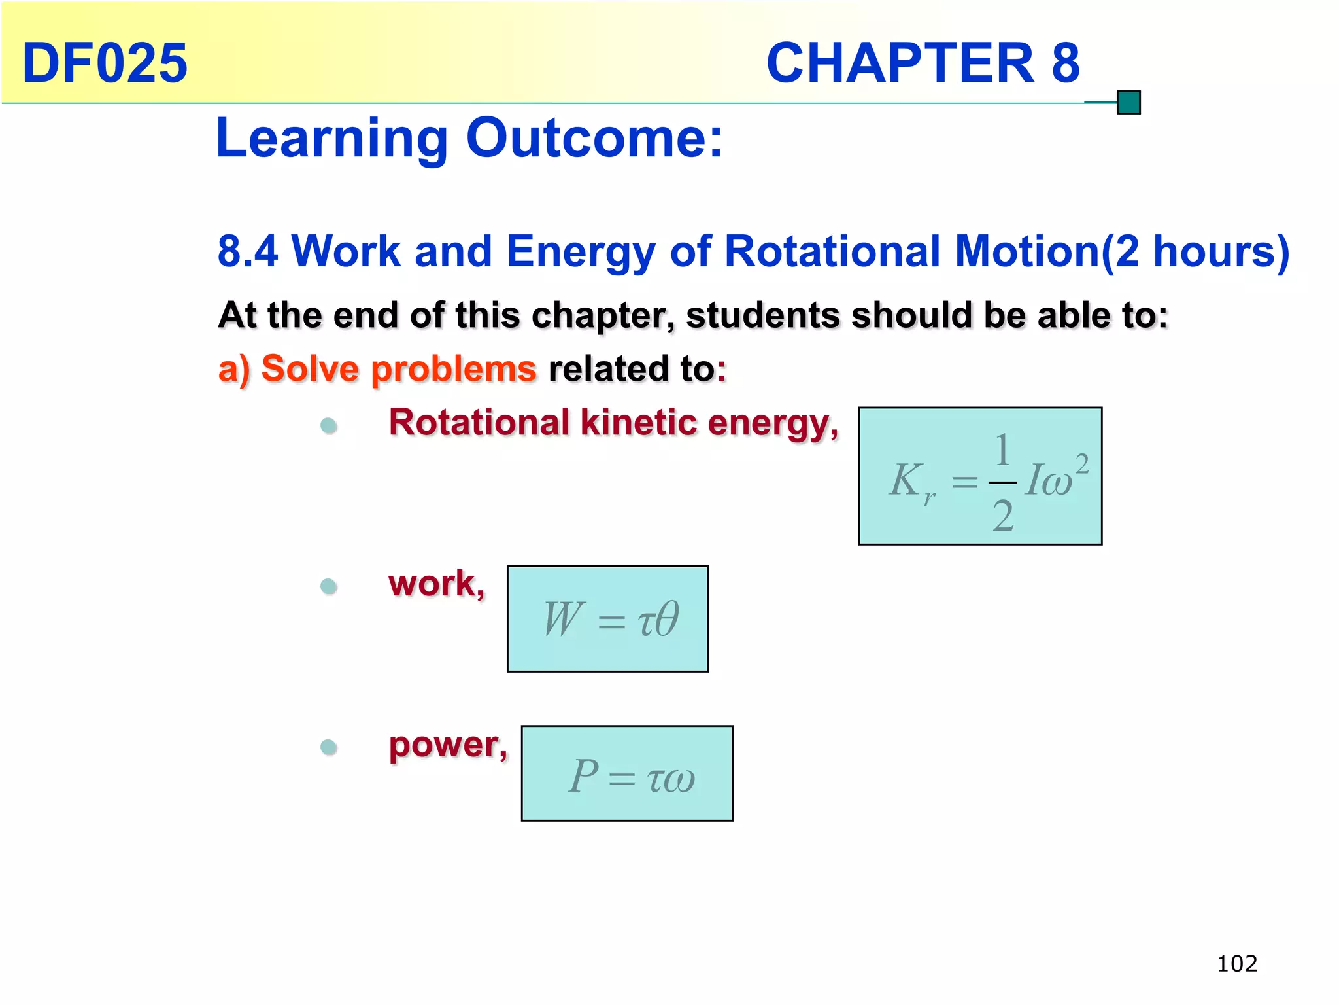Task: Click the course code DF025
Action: pyautogui.click(x=105, y=63)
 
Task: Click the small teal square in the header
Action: pyautogui.click(x=1128, y=103)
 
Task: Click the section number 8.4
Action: pyautogui.click(x=248, y=251)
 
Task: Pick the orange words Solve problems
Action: pyautogui.click(x=398, y=369)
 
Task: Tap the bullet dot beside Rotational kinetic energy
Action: pyautogui.click(x=329, y=426)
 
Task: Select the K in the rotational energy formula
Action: pyautogui.click(x=906, y=480)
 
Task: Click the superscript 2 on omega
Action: pyautogui.click(x=1083, y=465)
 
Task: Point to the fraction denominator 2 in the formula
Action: pyautogui.click(x=1003, y=516)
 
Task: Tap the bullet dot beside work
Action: pyautogui.click(x=329, y=586)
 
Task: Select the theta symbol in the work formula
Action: pyautogui.click(x=666, y=618)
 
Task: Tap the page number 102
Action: pyautogui.click(x=1237, y=964)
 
